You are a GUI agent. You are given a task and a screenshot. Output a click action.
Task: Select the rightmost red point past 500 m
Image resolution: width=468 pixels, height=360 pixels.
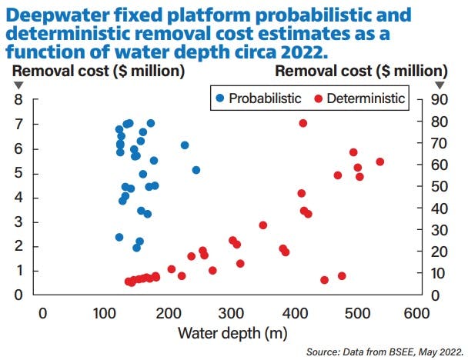point(379,162)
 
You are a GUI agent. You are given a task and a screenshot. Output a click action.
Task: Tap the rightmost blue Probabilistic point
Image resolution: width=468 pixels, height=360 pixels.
point(196,169)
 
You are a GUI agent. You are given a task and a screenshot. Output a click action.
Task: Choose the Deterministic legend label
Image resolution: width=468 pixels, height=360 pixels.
point(365,98)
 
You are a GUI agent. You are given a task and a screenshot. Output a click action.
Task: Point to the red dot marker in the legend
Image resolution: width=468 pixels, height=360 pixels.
point(318,98)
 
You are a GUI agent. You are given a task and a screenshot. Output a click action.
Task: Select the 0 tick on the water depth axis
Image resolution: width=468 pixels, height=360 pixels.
point(43,313)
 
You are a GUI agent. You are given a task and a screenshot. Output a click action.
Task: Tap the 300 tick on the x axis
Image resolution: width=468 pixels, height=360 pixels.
point(230,313)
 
